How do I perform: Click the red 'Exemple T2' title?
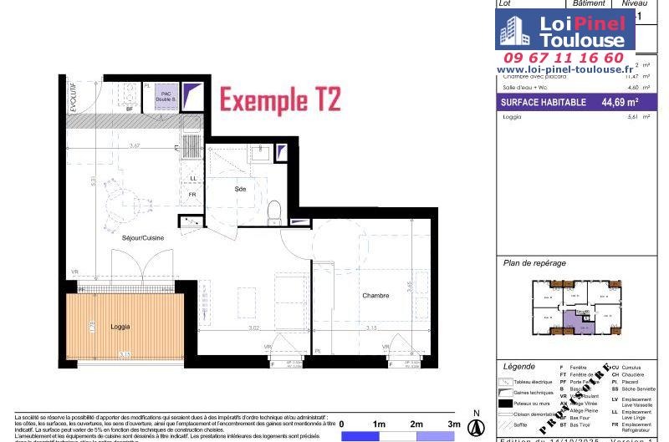(x=280, y=100)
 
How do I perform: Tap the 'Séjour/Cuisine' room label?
(x=143, y=238)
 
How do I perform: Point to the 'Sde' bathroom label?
(x=241, y=190)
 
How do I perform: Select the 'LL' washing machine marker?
(x=193, y=178)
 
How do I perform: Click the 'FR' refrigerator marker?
(x=192, y=196)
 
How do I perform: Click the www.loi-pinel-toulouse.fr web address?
(x=561, y=69)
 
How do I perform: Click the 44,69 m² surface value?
(x=620, y=103)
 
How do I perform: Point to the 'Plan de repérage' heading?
(x=534, y=263)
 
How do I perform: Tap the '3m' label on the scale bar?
(x=454, y=424)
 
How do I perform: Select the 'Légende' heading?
(x=518, y=367)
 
